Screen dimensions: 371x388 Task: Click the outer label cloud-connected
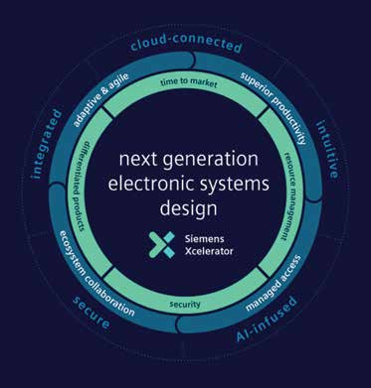[186, 44]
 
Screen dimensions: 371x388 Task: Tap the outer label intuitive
[328, 150]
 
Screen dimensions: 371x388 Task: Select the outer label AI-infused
[267, 320]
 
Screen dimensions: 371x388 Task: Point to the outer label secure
[92, 313]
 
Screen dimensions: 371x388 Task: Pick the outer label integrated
[48, 144]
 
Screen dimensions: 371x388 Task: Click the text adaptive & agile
[100, 100]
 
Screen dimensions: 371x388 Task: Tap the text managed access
[274, 283]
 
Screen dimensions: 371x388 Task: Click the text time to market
[189, 82]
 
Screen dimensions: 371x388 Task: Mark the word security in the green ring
[185, 304]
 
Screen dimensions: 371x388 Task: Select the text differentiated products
[82, 187]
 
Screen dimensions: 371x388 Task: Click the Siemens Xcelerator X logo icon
[162, 245]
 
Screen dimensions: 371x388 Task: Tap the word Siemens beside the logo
[204, 239]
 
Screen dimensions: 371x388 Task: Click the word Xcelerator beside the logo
[209, 251]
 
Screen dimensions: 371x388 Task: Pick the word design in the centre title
[189, 209]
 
